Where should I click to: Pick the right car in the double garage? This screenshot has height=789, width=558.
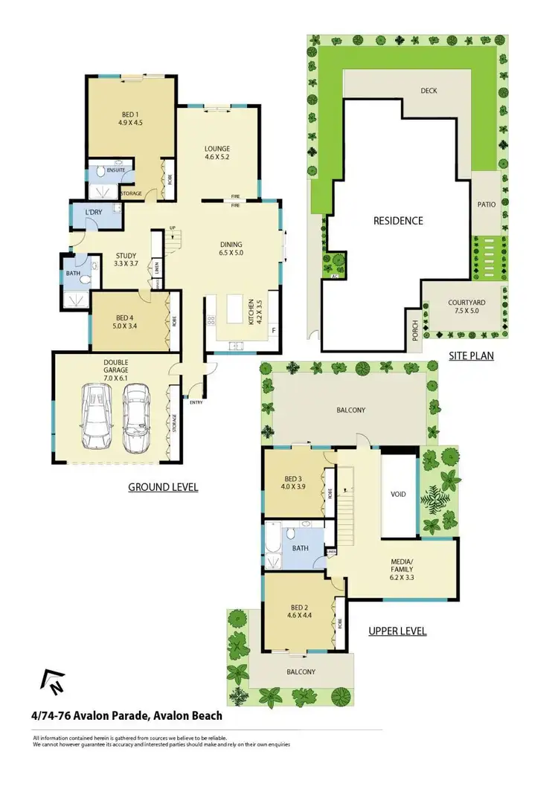click(x=136, y=419)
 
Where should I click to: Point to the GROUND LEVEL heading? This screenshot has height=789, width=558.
click(x=163, y=488)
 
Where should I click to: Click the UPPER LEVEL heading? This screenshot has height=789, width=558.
click(x=397, y=631)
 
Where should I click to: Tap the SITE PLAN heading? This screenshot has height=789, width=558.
click(x=471, y=356)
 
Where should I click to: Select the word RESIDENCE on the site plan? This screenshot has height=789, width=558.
click(x=398, y=221)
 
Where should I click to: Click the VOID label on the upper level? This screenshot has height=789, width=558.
click(x=398, y=494)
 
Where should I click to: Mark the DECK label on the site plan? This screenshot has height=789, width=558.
click(x=429, y=91)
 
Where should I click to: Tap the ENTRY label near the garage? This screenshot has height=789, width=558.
click(x=196, y=402)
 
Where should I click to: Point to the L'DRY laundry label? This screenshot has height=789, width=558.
click(x=93, y=213)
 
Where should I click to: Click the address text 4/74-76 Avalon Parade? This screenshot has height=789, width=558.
click(x=126, y=717)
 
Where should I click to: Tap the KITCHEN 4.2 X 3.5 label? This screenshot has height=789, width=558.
click(x=254, y=315)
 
